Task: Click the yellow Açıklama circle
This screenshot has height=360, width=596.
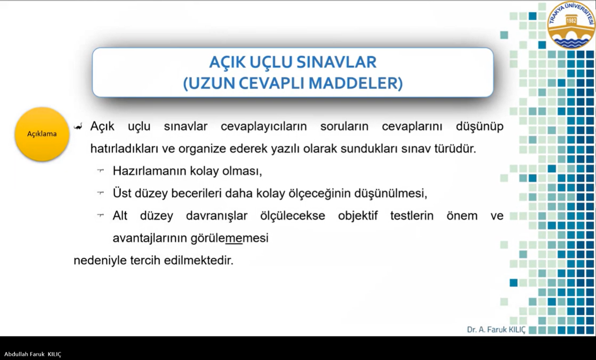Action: (x=42, y=134)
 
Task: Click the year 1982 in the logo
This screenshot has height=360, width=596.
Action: (x=571, y=21)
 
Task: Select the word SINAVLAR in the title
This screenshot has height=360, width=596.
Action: (x=336, y=62)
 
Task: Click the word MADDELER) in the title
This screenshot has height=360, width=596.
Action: (x=356, y=83)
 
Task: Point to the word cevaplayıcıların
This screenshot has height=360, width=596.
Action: (x=263, y=126)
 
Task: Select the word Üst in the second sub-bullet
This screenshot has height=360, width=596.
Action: (x=122, y=193)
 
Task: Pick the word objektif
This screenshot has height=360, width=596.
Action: (x=358, y=216)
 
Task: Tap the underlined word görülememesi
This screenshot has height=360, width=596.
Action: (x=229, y=238)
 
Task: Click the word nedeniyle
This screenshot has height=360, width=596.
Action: (x=100, y=261)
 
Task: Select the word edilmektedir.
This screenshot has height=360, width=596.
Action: (x=198, y=260)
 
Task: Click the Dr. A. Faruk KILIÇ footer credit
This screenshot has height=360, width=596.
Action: (x=496, y=330)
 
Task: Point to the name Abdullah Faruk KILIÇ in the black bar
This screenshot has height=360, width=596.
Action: (x=33, y=354)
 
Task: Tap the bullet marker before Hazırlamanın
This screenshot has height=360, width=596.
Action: (x=100, y=170)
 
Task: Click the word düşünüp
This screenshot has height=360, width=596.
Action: (x=480, y=126)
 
